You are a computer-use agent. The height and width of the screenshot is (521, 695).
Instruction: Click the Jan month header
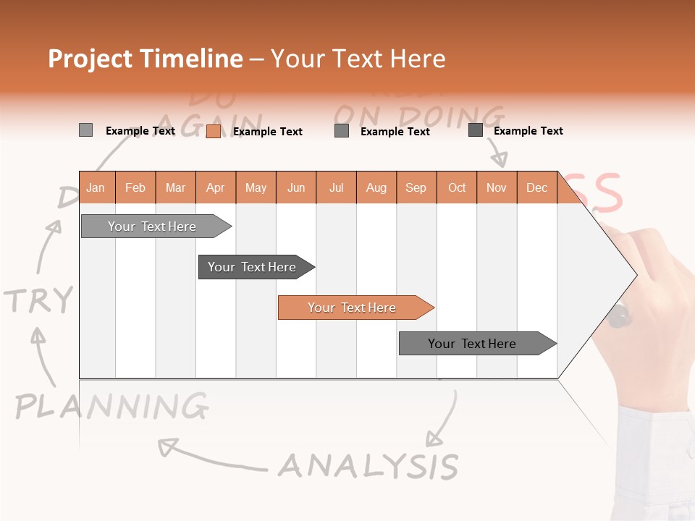(96, 188)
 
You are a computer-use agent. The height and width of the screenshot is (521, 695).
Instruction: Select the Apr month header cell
(215, 188)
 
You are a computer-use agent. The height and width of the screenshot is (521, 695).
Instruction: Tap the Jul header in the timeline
(336, 188)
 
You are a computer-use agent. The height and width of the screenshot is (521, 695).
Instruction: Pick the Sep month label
(416, 188)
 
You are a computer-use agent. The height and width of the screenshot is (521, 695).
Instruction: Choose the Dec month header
(536, 188)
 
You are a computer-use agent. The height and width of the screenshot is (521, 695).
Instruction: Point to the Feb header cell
(135, 188)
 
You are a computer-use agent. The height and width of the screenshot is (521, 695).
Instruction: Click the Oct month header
(457, 188)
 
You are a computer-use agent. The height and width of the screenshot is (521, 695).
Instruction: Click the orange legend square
(213, 131)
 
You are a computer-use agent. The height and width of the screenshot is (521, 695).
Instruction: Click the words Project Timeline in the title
(146, 59)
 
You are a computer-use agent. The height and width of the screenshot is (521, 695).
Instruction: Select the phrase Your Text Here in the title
(358, 59)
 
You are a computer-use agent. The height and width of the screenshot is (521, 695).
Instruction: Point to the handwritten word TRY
(39, 300)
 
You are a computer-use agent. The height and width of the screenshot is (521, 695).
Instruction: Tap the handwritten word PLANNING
(112, 407)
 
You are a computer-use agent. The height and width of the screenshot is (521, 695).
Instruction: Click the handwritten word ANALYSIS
(368, 466)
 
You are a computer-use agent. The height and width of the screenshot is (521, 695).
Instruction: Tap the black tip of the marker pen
(620, 317)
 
